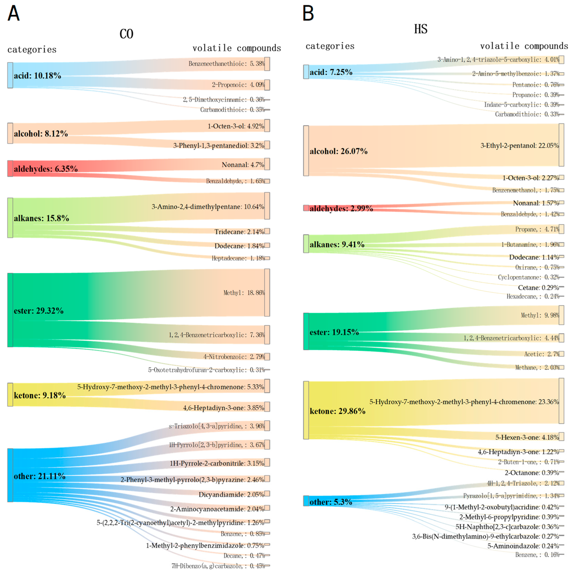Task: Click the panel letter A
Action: point(13,13)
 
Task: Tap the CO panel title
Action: point(126,34)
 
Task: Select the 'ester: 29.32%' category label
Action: point(39,311)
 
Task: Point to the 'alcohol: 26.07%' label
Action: point(338,151)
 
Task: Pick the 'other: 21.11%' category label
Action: point(40,476)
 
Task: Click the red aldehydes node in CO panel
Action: point(10,168)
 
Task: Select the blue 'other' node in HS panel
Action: point(306,501)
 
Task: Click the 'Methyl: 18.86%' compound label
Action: point(244,293)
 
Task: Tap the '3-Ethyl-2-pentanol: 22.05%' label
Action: point(519,146)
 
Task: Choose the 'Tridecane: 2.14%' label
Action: point(239,232)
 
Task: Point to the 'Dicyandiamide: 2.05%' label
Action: point(231,494)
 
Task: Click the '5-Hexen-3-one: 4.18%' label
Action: point(527,437)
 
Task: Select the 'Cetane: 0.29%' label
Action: point(538,287)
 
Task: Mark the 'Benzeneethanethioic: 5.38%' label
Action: point(226,63)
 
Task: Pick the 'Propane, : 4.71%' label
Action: point(537,229)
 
